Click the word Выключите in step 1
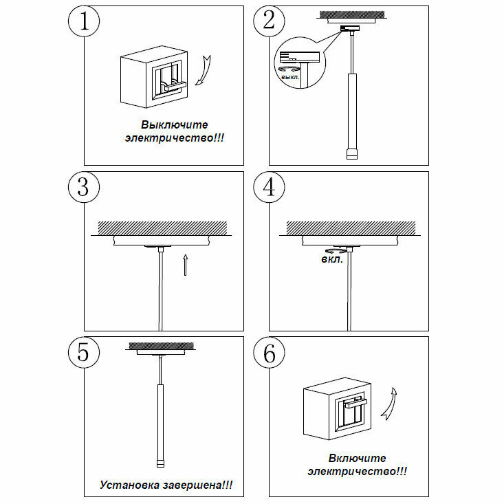pos(174,125)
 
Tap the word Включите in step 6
pos(357,458)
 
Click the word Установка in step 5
pos(129,485)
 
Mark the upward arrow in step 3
pos(186,264)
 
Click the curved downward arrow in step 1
pos(203,72)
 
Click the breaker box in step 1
pos(153,80)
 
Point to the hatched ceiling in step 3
pos(162,226)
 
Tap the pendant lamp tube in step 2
pos(352,110)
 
